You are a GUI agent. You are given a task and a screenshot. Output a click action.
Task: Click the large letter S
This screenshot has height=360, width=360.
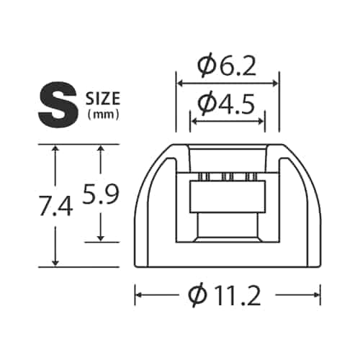[58, 104]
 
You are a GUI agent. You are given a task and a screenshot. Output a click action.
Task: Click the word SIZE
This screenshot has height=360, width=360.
[103, 99]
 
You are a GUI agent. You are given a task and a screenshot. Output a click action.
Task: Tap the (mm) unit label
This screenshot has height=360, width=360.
[103, 116]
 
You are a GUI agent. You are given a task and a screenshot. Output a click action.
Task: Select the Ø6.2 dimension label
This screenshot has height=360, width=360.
[227, 67]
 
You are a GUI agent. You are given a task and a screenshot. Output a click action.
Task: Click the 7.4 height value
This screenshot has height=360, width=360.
[55, 206]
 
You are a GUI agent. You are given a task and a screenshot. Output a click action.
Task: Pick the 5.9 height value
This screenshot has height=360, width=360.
[101, 194]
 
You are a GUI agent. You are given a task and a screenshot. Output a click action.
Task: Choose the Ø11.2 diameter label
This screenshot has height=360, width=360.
[224, 295]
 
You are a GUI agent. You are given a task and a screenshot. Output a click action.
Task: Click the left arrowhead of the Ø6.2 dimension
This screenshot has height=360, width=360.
[179, 84]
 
